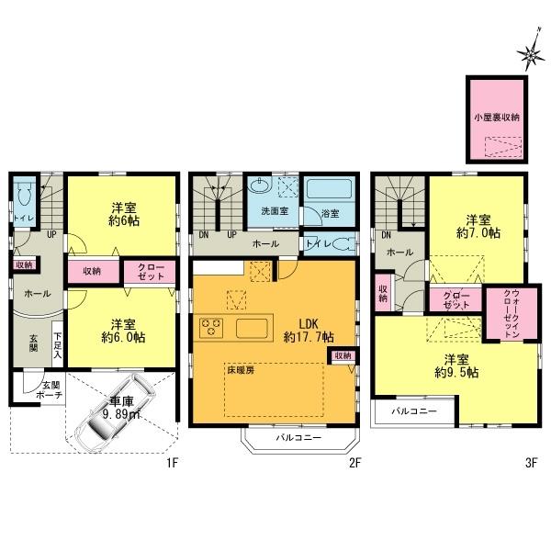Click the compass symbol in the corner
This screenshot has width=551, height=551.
pyautogui.click(x=533, y=58)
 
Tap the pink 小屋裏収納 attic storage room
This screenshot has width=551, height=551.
pyautogui.click(x=497, y=118)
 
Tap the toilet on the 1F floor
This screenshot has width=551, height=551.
pyautogui.click(x=24, y=196)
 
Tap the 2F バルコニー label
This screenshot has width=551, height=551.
pyautogui.click(x=298, y=439)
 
